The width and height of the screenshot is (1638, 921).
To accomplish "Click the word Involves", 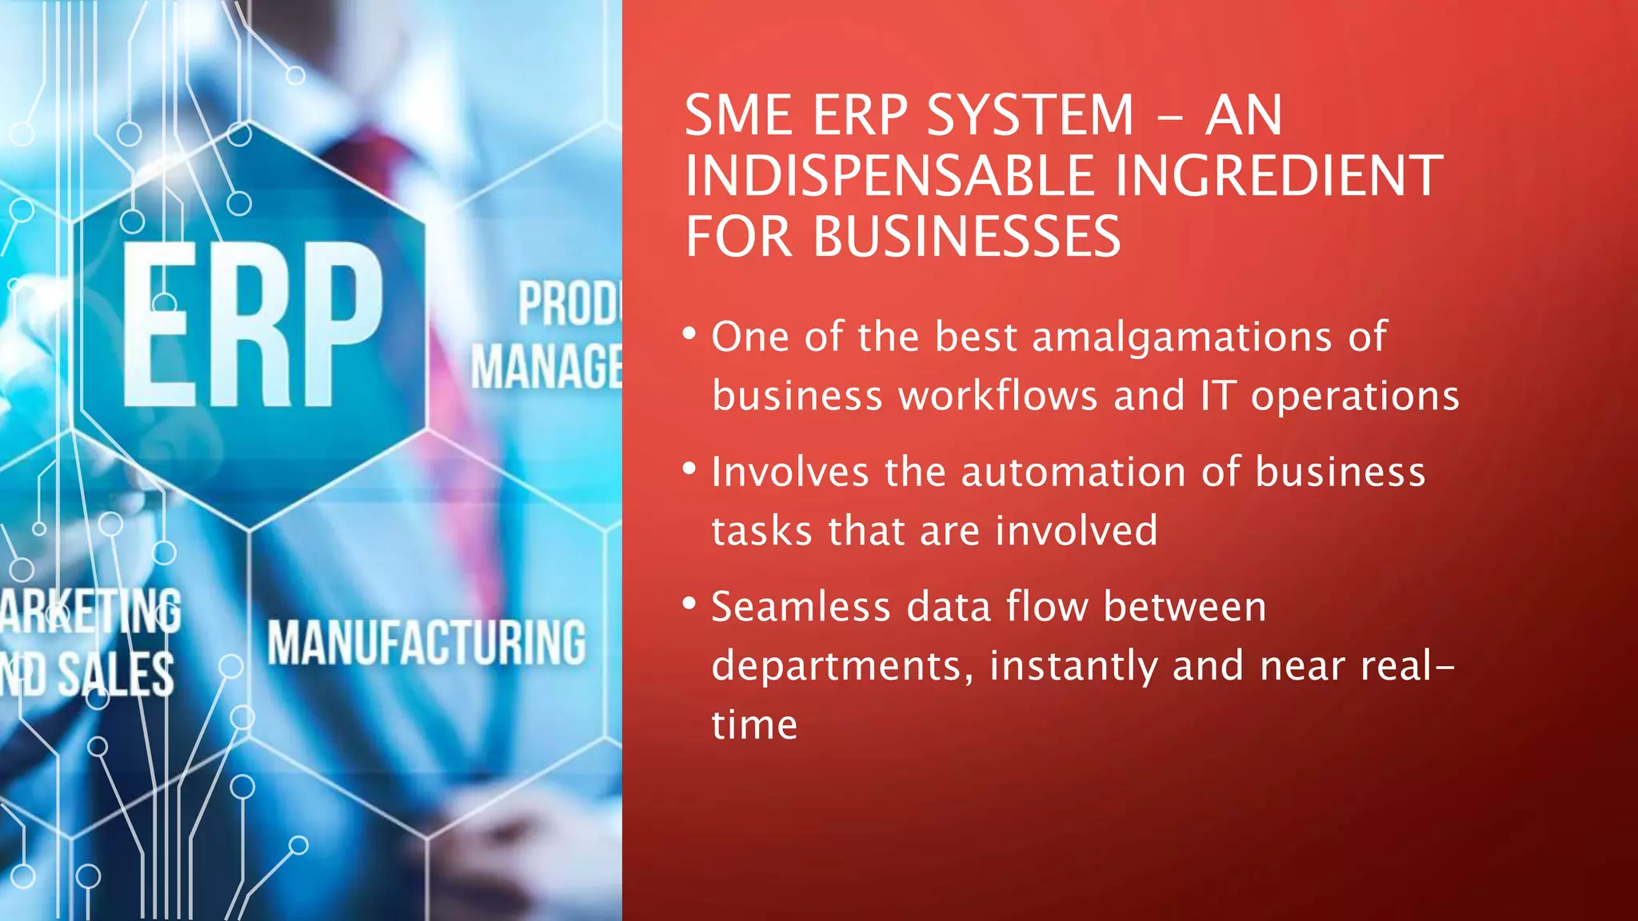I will pyautogui.click(x=789, y=472).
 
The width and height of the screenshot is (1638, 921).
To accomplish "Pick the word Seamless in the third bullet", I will pyautogui.click(x=801, y=607).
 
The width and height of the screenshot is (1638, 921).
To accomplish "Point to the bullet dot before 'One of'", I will pyautogui.click(x=689, y=333).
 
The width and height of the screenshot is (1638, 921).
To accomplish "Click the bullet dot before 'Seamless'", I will pyautogui.click(x=689, y=604).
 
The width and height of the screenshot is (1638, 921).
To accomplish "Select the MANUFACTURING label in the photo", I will pyautogui.click(x=426, y=643).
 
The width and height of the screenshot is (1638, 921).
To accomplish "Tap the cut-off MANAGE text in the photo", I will pyautogui.click(x=546, y=367).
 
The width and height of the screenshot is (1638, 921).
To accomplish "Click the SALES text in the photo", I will pyautogui.click(x=116, y=673).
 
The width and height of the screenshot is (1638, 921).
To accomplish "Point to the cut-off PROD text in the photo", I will pyautogui.click(x=569, y=304).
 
